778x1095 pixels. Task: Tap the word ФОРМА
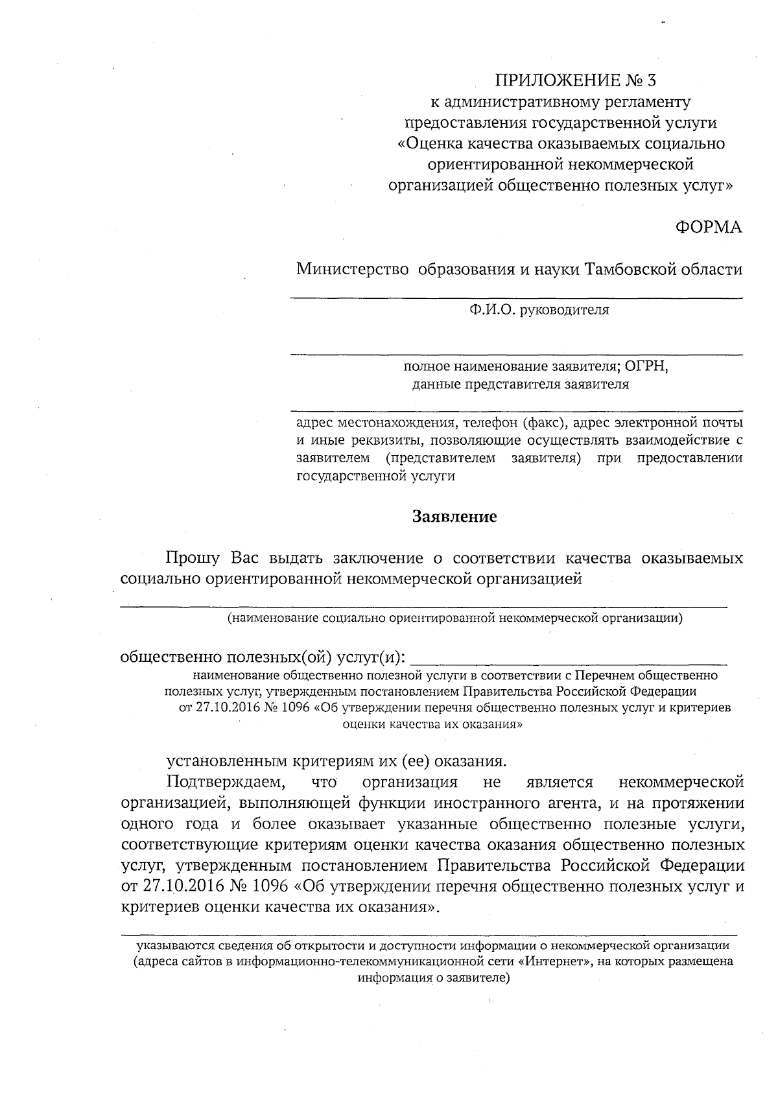[709, 228]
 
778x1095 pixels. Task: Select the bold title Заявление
[455, 517]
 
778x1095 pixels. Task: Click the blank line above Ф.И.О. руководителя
[515, 298]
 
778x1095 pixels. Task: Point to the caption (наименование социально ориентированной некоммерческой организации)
[454, 618]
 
